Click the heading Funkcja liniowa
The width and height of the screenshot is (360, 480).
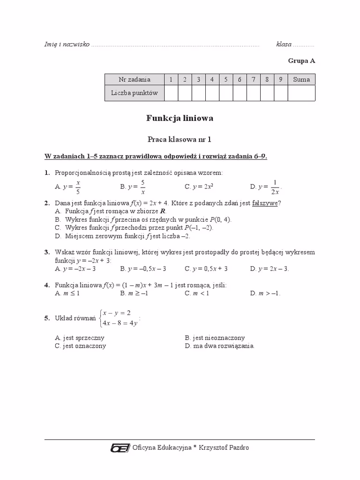(180, 119)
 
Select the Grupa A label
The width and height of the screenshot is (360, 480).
(301, 61)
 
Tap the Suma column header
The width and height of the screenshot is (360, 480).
(301, 80)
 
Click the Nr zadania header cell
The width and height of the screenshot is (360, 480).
(134, 80)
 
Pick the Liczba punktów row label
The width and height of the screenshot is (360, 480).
(134, 93)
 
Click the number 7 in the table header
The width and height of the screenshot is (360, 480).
(253, 80)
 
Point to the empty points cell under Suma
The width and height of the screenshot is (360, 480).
(301, 93)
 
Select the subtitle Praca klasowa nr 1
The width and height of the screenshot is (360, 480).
(180, 139)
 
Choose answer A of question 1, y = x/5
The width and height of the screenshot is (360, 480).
(68, 187)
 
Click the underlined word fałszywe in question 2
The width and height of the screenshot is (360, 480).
(266, 203)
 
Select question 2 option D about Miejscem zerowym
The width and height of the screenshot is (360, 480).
(122, 236)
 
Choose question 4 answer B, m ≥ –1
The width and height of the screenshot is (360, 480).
(134, 293)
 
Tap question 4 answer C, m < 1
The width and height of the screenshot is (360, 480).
(197, 293)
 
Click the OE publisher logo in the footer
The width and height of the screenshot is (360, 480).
(120, 448)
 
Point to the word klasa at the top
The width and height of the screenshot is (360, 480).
(284, 45)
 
